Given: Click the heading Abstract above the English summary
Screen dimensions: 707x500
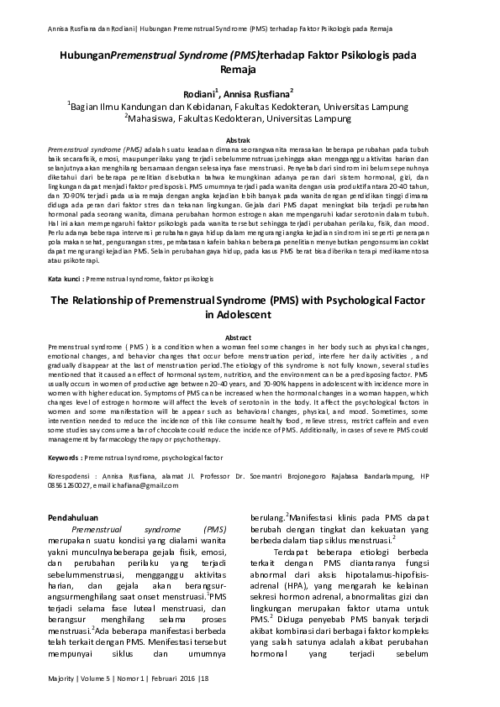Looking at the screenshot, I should pos(250,337).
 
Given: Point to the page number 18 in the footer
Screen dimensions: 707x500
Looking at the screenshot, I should pos(203,676).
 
